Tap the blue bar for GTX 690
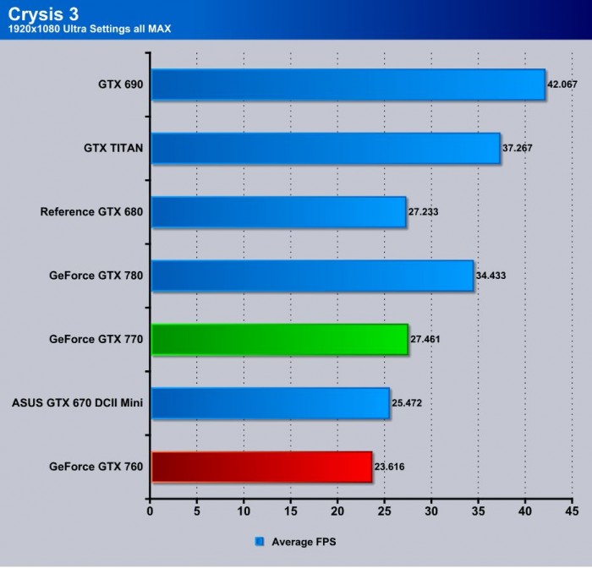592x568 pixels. [348, 85]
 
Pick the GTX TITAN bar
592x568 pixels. [326, 149]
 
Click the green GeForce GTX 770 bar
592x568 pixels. [279, 339]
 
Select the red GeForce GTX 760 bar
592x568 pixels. [261, 467]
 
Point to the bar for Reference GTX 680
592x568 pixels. [278, 212]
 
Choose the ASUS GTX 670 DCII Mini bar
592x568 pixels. [270, 403]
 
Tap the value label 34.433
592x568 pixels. [491, 276]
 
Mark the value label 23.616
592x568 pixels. [390, 467]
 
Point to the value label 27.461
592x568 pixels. [425, 339]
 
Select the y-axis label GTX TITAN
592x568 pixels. [113, 149]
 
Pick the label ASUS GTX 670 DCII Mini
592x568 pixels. [77, 403]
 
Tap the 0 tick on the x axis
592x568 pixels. [150, 512]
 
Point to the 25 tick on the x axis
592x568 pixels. [384, 512]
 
